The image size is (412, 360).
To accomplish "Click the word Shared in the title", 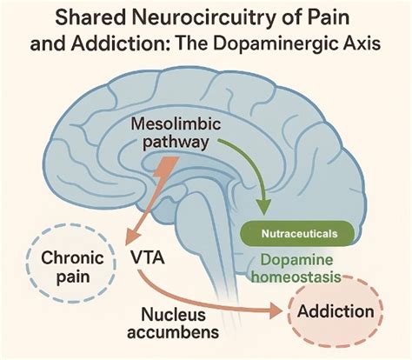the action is [x=90, y=17].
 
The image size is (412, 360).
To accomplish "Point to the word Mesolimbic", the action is [x=176, y=124].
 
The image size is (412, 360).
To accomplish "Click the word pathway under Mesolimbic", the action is [x=176, y=143].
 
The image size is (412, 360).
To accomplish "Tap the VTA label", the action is [x=147, y=257].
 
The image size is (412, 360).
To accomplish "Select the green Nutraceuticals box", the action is [x=297, y=233].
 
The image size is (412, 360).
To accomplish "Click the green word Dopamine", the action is [x=296, y=260].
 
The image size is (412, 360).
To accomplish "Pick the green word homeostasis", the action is [x=296, y=277].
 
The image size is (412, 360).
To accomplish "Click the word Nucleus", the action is [x=174, y=315].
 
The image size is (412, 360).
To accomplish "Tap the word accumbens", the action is [x=173, y=332].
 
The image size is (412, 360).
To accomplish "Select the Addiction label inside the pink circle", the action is [x=336, y=311].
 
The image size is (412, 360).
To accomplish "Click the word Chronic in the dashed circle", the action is [x=72, y=257].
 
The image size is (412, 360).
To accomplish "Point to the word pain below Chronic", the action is [x=73, y=277].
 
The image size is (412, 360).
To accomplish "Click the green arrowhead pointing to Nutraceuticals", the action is [x=263, y=207].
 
